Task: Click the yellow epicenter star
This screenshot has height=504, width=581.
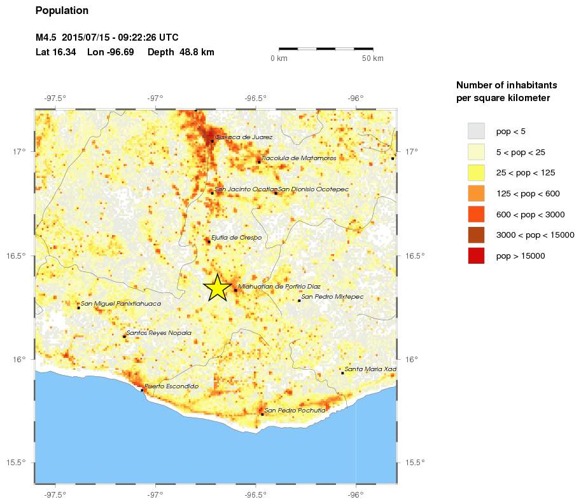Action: click(217, 287)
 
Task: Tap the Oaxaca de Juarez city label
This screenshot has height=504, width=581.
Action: click(244, 137)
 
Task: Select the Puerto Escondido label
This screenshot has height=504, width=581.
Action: click(171, 386)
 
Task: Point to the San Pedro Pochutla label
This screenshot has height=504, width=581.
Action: click(295, 411)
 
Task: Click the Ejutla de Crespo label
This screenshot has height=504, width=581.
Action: click(236, 238)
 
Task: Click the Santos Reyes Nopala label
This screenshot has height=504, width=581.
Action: click(158, 332)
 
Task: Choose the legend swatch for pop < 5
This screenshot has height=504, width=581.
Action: click(476, 131)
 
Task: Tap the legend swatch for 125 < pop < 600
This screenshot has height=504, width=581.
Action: click(476, 193)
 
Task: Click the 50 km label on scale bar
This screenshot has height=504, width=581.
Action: click(373, 59)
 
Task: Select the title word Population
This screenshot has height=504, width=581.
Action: click(62, 11)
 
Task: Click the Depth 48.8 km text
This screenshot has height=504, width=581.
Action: click(181, 52)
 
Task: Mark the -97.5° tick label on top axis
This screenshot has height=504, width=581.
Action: click(55, 98)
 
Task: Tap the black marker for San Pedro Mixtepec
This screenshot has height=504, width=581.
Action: click(299, 300)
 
